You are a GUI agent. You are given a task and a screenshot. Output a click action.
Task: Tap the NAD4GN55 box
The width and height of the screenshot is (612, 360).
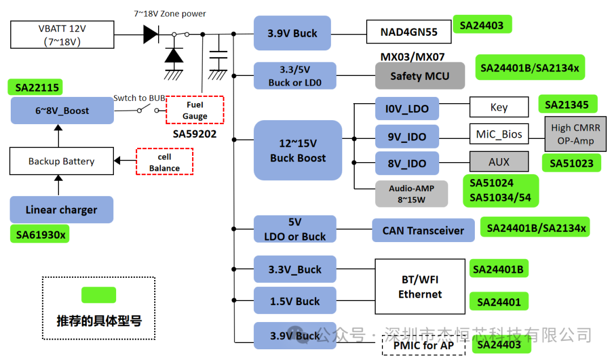(x=409, y=32)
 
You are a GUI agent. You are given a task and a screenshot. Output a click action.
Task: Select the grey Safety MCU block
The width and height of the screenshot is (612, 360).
(x=419, y=76)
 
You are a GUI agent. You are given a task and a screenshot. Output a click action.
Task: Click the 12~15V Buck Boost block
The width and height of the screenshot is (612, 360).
(x=297, y=150)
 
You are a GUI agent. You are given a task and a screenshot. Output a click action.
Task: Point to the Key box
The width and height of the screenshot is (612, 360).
(x=499, y=107)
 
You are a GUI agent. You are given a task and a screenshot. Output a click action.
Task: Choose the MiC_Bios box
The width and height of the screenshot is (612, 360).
(x=499, y=134)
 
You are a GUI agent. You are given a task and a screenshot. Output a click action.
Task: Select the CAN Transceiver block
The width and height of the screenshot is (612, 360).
(x=423, y=230)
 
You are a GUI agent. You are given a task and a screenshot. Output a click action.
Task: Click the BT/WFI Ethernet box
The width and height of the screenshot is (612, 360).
(x=419, y=287)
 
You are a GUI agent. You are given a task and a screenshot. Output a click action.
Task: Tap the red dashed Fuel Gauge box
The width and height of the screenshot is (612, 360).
(x=194, y=110)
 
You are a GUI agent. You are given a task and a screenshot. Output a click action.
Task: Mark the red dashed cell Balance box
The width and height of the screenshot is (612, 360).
(x=164, y=162)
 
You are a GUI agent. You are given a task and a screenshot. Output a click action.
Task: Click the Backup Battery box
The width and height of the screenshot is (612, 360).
(x=61, y=162)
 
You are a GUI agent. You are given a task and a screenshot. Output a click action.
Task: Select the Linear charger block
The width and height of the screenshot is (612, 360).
(x=61, y=210)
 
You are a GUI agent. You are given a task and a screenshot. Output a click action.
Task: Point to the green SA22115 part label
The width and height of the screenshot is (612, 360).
(x=36, y=87)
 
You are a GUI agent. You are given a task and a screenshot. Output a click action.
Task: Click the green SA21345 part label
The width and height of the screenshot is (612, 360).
(x=567, y=105)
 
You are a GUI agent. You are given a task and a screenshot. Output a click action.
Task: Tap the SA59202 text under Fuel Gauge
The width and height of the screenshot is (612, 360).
(x=194, y=135)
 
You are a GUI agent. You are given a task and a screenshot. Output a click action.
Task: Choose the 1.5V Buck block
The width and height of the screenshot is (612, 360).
(x=295, y=301)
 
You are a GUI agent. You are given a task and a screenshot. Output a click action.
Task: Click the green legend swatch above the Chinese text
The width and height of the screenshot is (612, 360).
(x=99, y=295)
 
